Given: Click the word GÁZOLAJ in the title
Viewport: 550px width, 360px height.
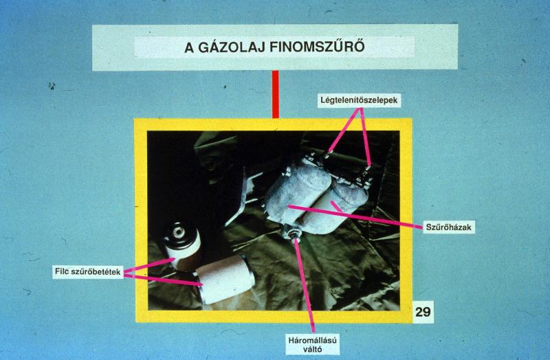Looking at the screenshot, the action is click(232, 47).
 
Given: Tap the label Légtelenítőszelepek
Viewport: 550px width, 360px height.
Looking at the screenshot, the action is click(359, 100).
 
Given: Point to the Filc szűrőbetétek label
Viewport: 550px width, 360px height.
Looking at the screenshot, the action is click(88, 271).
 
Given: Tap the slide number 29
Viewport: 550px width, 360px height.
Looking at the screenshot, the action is click(423, 312).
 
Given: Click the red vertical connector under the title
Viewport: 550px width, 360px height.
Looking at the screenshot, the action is click(276, 94).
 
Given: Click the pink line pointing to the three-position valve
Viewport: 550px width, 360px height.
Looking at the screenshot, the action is click(305, 285).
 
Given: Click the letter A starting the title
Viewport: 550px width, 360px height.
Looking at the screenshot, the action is click(189, 47).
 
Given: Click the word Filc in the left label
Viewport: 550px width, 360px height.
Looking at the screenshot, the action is click(61, 271).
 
